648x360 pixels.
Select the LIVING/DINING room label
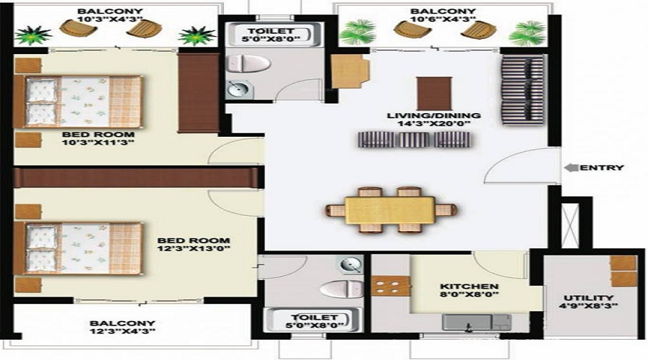[433, 116]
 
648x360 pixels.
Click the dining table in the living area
[391, 210]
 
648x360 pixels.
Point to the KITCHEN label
[469, 286]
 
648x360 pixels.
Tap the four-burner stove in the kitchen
[390, 286]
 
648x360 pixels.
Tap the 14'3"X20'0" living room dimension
[433, 125]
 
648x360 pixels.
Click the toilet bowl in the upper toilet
[247, 64]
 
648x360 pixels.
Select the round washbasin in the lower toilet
[351, 265]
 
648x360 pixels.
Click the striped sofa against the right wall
[523, 89]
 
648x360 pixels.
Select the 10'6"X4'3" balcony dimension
[444, 22]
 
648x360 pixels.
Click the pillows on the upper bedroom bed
[42, 102]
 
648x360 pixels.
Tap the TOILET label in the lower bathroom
[305, 318]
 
